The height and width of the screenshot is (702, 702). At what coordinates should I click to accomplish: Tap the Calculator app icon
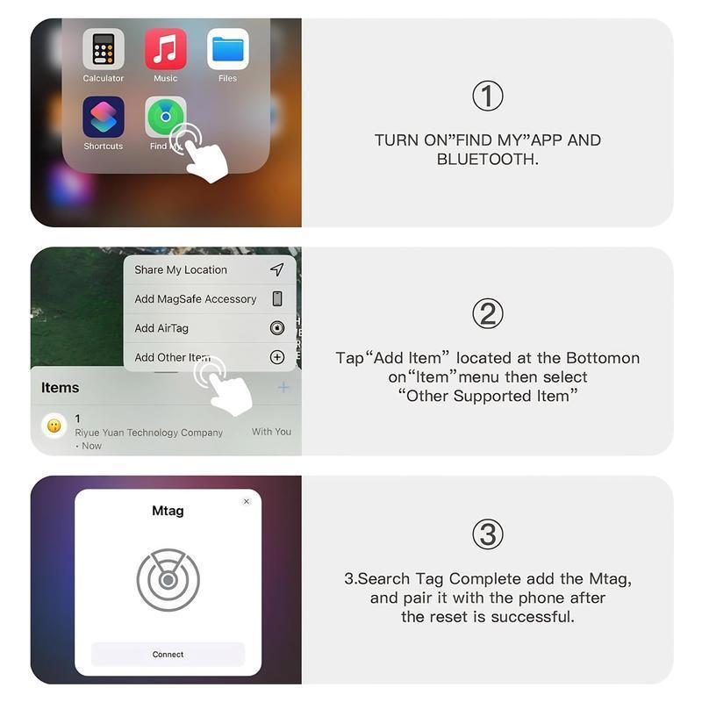(104, 49)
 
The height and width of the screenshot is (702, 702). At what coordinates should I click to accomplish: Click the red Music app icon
(166, 49)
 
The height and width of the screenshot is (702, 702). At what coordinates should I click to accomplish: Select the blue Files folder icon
(228, 49)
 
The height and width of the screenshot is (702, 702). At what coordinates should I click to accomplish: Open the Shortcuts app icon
(104, 117)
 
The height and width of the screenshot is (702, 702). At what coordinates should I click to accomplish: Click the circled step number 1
(488, 96)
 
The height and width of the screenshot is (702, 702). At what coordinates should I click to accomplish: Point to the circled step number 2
(488, 313)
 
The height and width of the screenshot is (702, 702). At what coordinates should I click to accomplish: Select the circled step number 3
(488, 534)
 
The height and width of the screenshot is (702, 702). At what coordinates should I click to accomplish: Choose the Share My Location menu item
(181, 270)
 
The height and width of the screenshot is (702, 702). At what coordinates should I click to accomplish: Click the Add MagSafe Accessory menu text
(196, 299)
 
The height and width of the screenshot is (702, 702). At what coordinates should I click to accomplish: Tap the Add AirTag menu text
(161, 328)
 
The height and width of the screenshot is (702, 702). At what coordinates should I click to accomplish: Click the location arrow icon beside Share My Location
(277, 269)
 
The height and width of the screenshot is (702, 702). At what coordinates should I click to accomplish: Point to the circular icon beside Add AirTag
(277, 328)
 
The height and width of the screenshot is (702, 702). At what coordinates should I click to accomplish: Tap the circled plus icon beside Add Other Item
(277, 357)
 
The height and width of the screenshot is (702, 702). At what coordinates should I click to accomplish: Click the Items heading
(61, 388)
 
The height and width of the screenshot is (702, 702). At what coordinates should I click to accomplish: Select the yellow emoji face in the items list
(54, 426)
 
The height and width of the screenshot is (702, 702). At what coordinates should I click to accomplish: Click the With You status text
(271, 432)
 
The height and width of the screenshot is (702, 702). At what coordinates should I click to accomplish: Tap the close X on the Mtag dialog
(247, 502)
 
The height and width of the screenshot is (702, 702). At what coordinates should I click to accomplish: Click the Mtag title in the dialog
(168, 511)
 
